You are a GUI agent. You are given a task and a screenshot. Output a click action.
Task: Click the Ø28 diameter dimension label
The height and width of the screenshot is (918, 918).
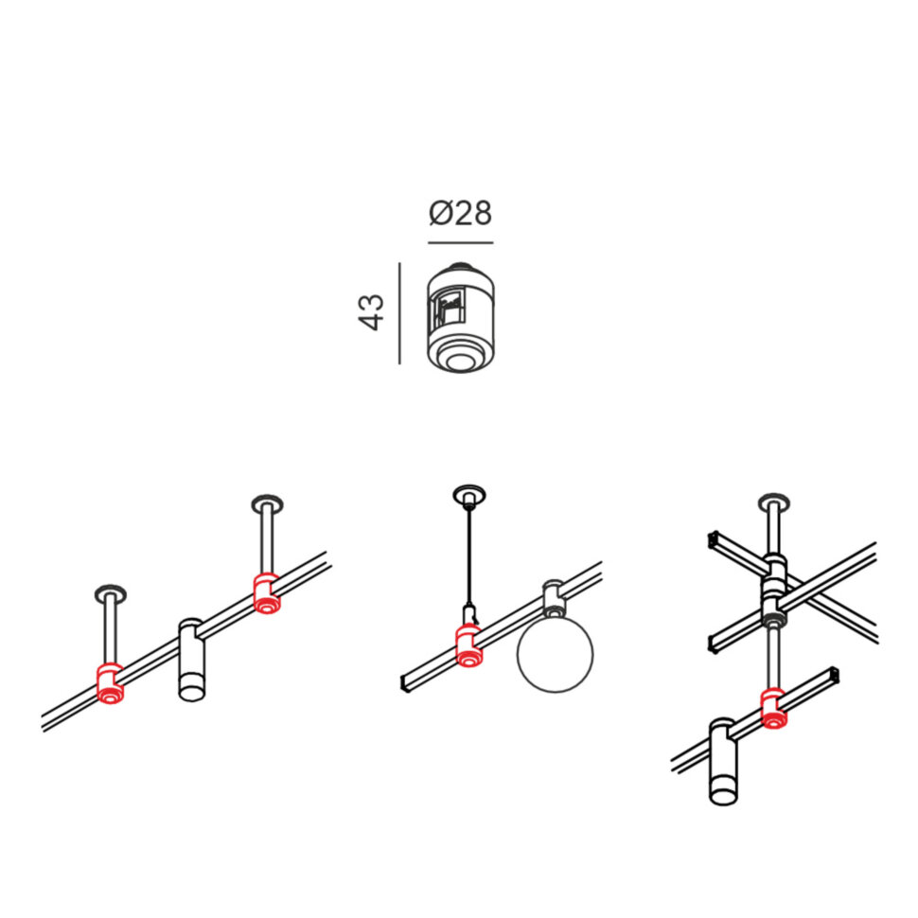(460, 213)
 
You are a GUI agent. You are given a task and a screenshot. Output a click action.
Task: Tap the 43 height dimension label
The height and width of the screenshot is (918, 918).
(371, 312)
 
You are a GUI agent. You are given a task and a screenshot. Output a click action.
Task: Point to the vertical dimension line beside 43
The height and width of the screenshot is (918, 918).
(400, 313)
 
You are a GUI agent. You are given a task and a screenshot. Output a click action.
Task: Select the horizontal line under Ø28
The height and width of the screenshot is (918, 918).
(460, 241)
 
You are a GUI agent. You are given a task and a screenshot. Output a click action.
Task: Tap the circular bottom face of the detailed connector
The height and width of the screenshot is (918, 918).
(461, 359)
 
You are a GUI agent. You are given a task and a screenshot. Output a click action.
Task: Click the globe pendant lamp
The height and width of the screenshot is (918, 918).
(555, 654)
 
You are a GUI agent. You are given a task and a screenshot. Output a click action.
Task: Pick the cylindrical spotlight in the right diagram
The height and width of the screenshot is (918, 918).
(723, 762)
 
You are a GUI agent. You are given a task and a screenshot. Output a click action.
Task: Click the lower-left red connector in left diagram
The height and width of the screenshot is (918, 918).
(110, 683)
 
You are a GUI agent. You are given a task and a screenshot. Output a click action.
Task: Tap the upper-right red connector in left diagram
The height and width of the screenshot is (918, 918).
(266, 593)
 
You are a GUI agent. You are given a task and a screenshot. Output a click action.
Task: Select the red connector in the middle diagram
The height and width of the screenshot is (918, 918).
(468, 645)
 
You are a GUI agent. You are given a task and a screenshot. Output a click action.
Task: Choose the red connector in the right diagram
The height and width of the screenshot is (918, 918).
(773, 709)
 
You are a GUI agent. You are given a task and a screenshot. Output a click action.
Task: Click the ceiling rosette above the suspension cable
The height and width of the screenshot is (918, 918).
(468, 496)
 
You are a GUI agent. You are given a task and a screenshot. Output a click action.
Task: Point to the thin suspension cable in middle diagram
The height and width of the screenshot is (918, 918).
(469, 556)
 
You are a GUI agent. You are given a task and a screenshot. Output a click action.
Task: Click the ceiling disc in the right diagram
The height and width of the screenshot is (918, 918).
(773, 503)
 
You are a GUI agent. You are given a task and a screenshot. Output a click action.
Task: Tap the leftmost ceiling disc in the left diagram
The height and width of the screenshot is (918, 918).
(110, 593)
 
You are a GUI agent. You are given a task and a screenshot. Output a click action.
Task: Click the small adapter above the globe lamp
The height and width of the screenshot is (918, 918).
(554, 598)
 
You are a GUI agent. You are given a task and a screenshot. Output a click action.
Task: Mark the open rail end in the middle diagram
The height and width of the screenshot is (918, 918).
(404, 684)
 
